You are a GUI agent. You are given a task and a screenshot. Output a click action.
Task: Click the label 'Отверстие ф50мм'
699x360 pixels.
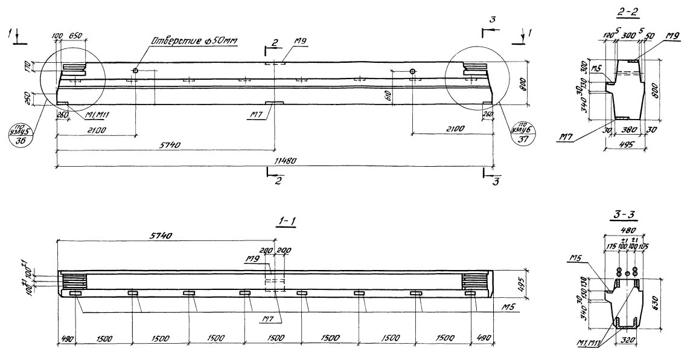click(194, 42)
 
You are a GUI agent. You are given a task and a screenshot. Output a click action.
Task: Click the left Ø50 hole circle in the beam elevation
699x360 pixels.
click(136, 71)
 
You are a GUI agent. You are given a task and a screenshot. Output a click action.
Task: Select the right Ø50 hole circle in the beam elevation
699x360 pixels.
click(412, 71)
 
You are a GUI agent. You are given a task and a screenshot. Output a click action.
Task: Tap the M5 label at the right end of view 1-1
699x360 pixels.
click(507, 307)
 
